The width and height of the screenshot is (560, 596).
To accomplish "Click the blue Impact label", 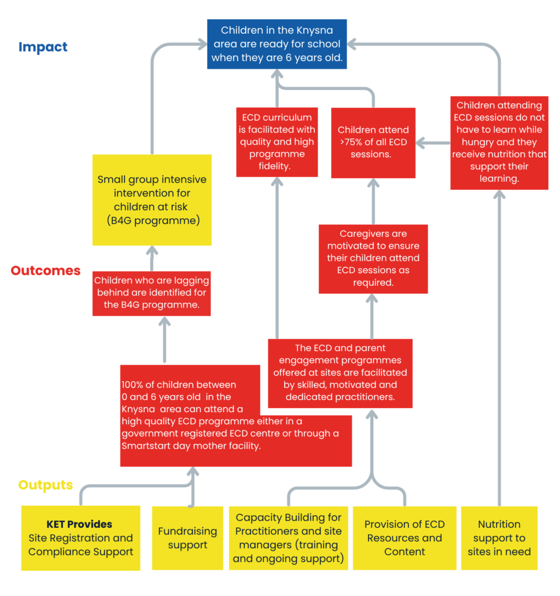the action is [43, 47].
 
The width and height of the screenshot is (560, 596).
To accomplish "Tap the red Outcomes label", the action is [45, 270].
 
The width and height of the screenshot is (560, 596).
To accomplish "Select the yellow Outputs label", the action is [45, 485].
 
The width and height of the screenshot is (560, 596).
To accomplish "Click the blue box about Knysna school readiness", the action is [277, 44].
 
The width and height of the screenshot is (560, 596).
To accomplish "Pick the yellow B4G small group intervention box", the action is [152, 200].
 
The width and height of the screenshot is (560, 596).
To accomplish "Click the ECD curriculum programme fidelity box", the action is [277, 142].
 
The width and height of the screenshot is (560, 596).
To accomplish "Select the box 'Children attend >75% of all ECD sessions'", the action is [373, 143].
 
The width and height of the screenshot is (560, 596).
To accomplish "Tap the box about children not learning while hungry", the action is [499, 143].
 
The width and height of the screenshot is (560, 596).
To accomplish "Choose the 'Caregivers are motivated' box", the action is [373, 259].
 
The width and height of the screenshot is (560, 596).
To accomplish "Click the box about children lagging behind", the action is [152, 293].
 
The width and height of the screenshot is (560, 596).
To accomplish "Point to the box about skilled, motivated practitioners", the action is [341, 373].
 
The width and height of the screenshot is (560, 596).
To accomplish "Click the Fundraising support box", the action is [187, 538].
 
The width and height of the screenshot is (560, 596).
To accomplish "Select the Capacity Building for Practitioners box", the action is [289, 538].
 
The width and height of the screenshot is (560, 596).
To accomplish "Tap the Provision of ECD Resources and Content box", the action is [405, 538].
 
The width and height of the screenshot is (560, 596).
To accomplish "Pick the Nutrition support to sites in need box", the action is [499, 538].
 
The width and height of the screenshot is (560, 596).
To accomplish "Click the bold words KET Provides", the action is [79, 524].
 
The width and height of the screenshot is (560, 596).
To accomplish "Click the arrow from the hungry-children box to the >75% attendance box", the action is [434, 143].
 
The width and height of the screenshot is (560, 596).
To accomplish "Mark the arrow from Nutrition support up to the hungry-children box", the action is [499, 348].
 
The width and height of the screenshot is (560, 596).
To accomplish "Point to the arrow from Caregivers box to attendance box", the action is [373, 201].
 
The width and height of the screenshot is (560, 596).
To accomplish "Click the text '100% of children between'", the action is [179, 385].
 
